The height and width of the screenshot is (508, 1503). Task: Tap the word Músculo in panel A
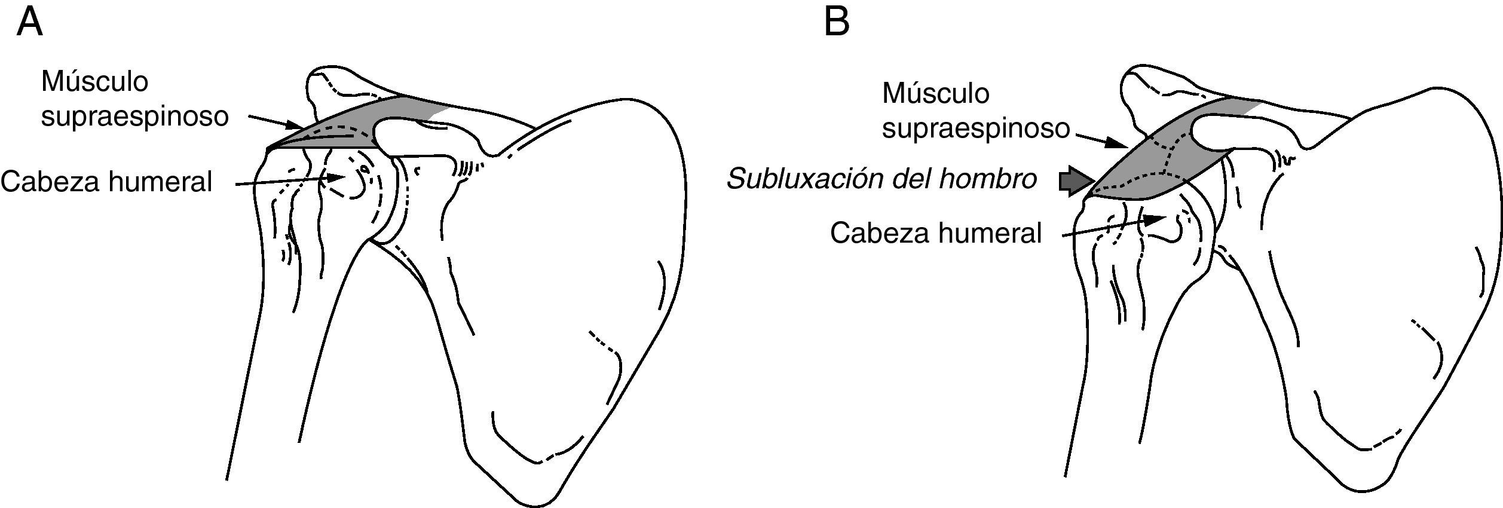[x=94, y=81]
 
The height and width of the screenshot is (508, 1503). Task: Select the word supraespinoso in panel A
[x=134, y=117]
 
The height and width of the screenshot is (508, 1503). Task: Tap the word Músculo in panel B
[x=935, y=93]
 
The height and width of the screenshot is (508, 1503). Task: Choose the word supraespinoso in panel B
[x=975, y=129]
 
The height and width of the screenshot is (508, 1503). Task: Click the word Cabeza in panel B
[x=882, y=232]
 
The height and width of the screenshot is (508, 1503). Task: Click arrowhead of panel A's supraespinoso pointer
[x=297, y=126]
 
